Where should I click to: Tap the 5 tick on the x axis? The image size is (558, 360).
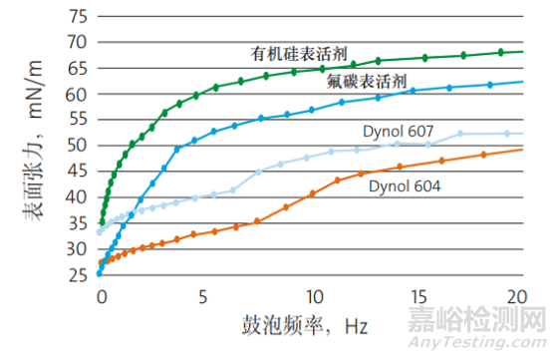(203, 296)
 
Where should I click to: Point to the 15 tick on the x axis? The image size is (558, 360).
(416, 296)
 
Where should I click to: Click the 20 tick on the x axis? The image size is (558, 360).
(519, 296)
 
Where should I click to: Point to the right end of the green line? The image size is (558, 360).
(522, 51)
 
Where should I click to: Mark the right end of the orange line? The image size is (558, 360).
(522, 150)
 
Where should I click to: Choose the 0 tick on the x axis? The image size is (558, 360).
(100, 296)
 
